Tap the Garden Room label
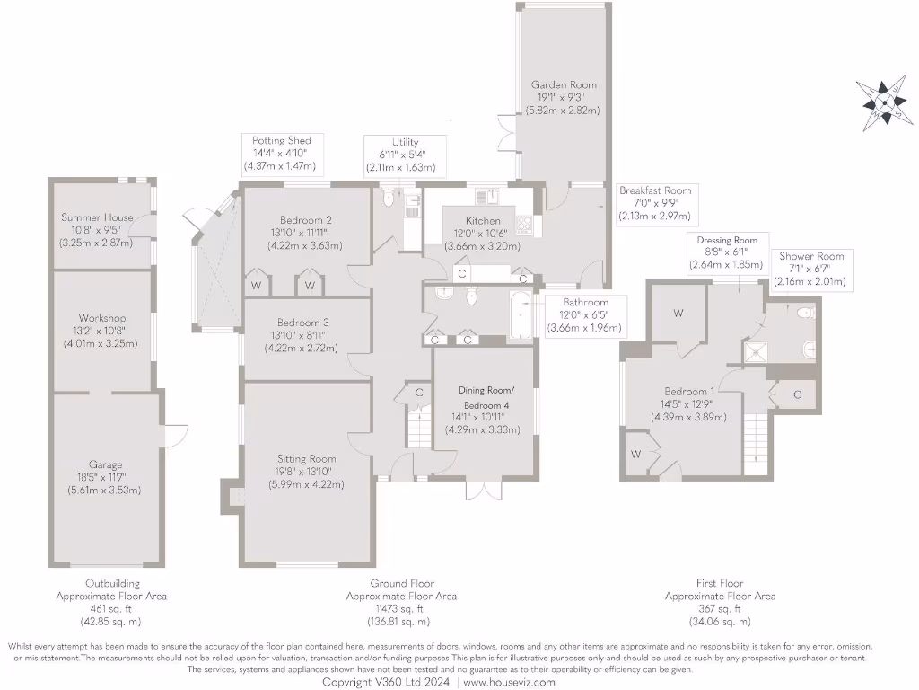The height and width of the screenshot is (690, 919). click(563, 98)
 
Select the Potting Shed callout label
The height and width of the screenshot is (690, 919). click(281, 154)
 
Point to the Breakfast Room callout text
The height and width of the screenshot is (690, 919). click(654, 203)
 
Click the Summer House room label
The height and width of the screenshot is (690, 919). click(97, 230)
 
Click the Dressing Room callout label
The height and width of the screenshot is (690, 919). click(727, 252)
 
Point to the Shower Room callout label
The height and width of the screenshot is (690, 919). click(810, 269)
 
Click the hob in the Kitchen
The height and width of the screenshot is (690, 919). click(525, 226)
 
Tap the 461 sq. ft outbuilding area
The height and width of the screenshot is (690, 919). click(111, 608)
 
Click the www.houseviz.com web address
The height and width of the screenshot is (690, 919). click(510, 683)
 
